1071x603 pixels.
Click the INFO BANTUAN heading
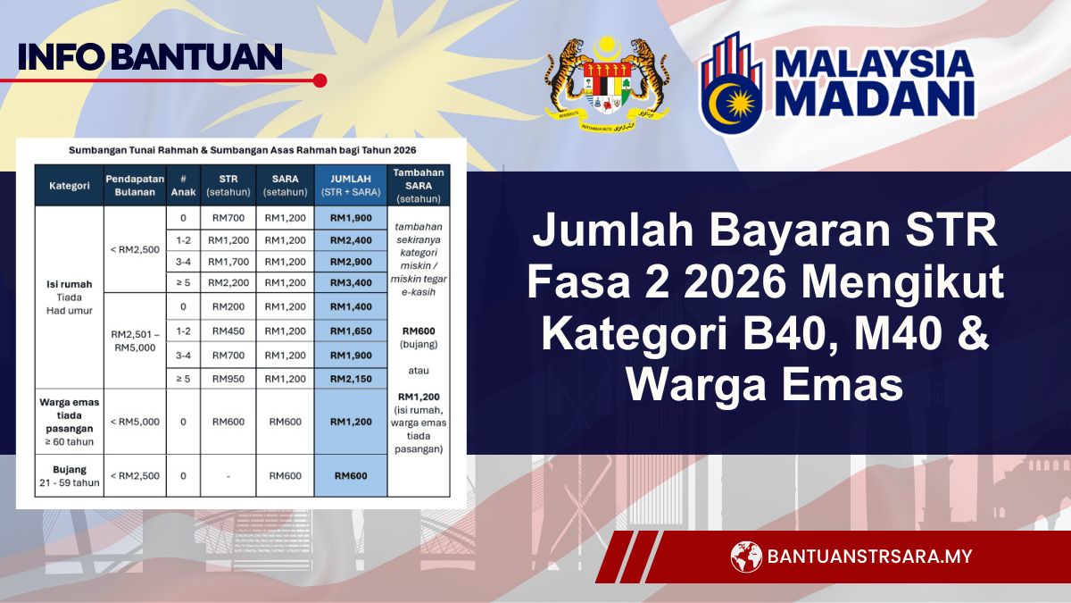[x=150, y=57]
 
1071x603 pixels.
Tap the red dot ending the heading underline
[x=320, y=80]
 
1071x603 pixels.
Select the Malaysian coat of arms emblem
[x=607, y=85]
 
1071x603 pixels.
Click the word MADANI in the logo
[x=875, y=99]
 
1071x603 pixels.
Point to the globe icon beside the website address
[x=746, y=557]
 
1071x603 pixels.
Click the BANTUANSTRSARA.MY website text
[x=869, y=556]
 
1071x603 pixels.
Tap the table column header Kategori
[x=70, y=186]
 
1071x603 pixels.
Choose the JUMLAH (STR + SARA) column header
[x=351, y=185]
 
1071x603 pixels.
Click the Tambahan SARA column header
[x=419, y=186]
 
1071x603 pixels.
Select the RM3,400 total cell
[x=351, y=283]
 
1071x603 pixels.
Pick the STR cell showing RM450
[x=228, y=331]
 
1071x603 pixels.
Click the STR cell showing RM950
[x=228, y=379]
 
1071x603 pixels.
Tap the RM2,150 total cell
[x=351, y=379]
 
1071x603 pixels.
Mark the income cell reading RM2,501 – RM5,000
[x=136, y=340]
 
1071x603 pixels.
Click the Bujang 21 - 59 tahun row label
[x=70, y=475]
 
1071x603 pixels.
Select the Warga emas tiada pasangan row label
[x=70, y=422]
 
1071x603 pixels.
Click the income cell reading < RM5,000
[x=135, y=422]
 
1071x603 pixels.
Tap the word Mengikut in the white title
[x=901, y=283]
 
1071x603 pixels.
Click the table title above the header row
[x=243, y=150]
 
